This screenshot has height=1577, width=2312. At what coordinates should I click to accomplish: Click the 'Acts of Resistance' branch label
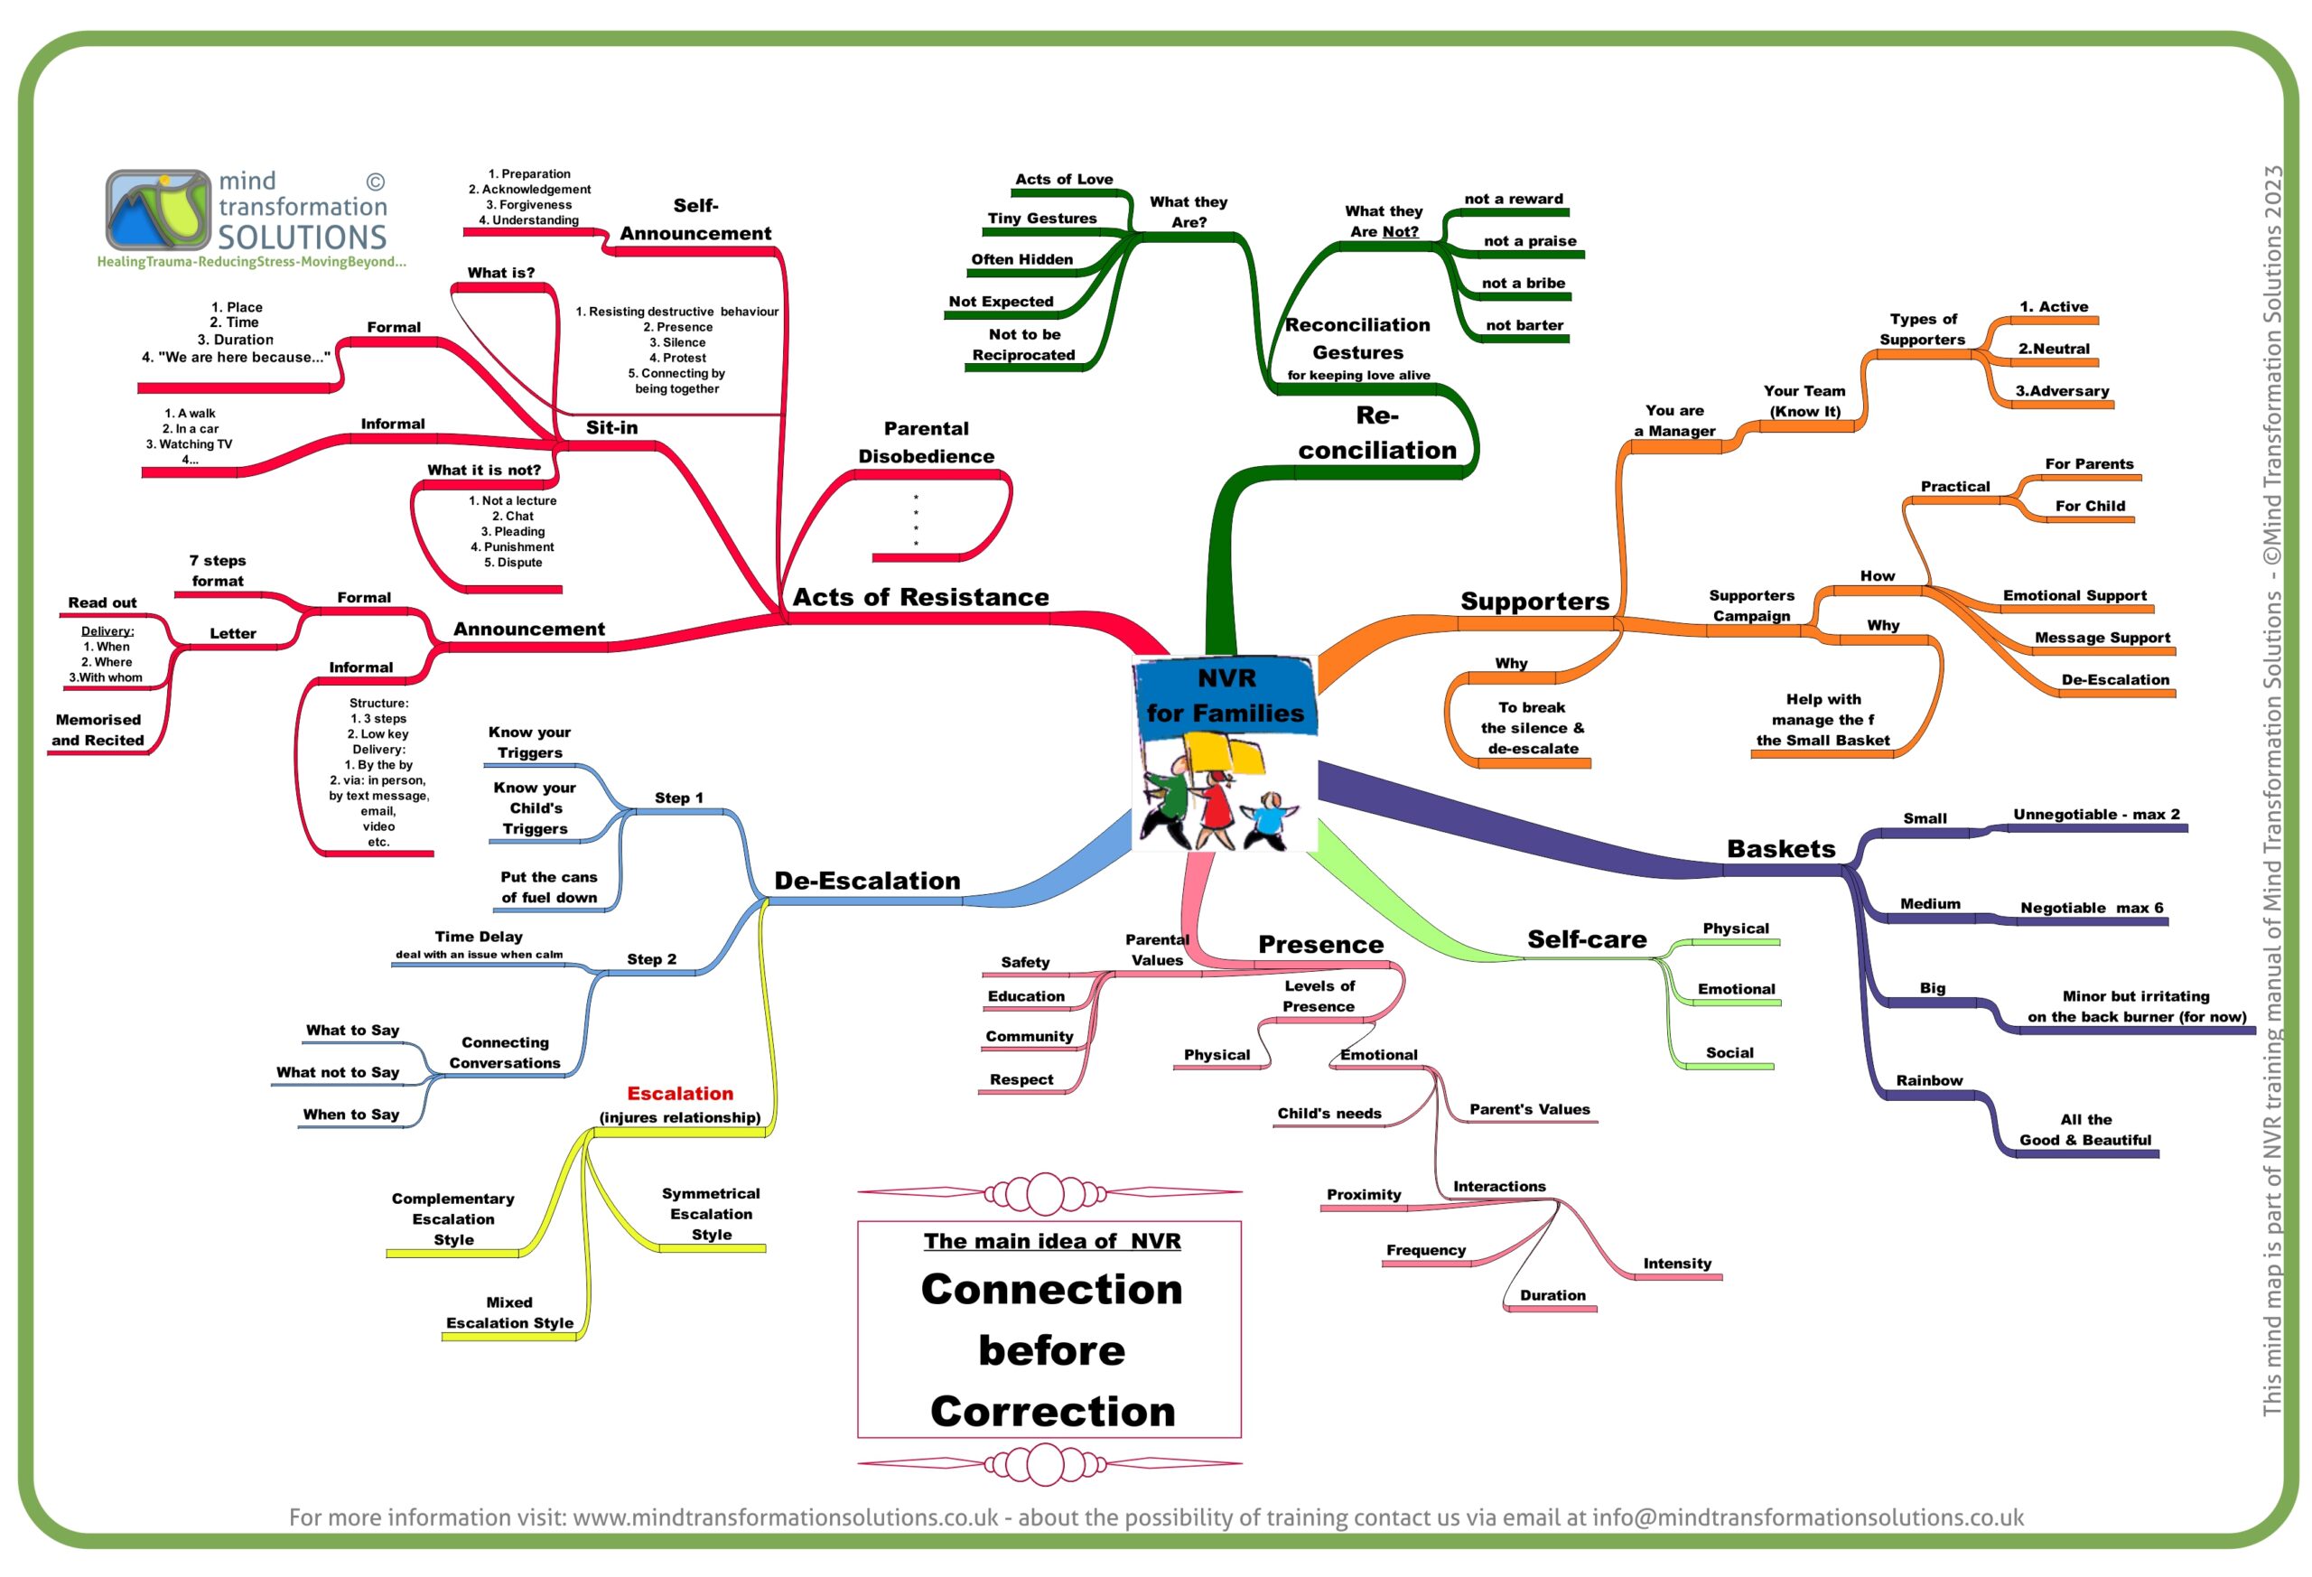(x=920, y=597)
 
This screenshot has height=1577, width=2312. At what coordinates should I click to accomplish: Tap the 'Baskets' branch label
(x=1781, y=849)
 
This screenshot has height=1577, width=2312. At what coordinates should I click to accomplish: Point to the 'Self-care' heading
(x=1587, y=939)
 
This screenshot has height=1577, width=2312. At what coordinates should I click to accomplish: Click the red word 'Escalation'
(x=679, y=1094)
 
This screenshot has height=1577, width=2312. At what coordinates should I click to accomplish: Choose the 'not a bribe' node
(x=1523, y=284)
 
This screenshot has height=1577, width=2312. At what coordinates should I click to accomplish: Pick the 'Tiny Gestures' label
(x=1041, y=219)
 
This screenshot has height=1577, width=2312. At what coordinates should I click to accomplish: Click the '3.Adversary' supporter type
(x=2063, y=391)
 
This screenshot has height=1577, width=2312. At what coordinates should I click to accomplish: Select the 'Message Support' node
(x=2102, y=638)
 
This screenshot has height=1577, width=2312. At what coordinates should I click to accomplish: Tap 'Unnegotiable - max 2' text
(x=2096, y=815)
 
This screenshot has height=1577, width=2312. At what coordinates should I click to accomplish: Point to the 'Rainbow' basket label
(x=1929, y=1080)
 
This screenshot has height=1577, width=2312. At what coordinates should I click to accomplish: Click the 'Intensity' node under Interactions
(x=1677, y=1264)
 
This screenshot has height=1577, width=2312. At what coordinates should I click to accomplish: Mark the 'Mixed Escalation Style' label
(x=509, y=1312)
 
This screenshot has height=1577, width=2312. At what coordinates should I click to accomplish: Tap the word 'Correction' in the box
(x=1052, y=1412)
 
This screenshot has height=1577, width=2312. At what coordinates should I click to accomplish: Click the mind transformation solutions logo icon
(x=158, y=209)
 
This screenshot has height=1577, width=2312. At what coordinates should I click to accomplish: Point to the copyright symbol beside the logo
(x=375, y=182)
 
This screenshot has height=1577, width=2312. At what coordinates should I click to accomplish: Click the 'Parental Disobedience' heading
(x=927, y=443)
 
